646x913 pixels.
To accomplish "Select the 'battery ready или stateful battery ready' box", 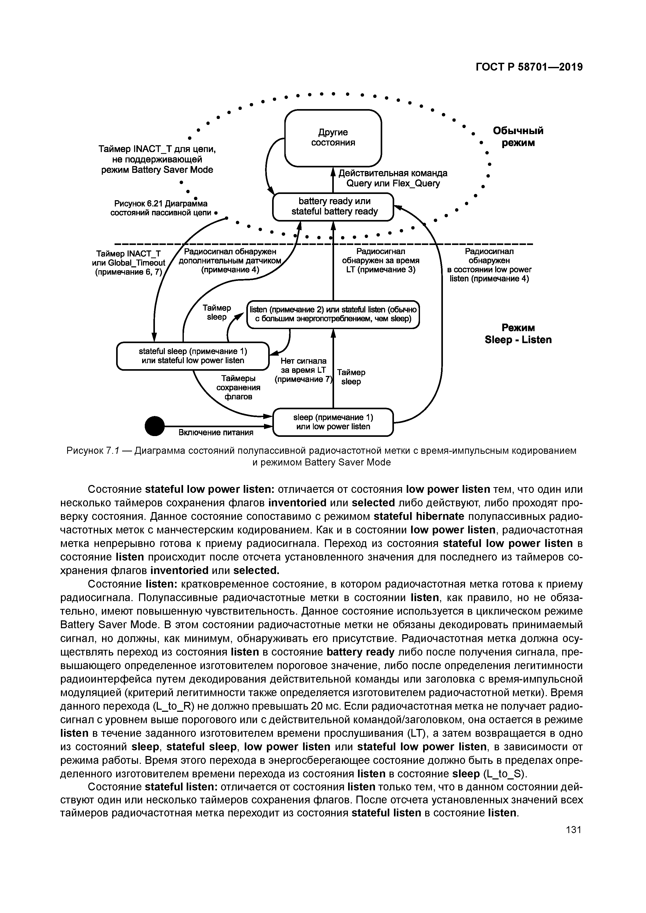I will (x=333, y=206).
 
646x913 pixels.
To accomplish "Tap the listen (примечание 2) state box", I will (x=333, y=314).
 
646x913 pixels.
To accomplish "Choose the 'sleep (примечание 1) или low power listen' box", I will (x=333, y=422).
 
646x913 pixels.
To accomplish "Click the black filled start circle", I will (x=154, y=426).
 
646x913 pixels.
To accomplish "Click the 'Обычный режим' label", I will (x=518, y=137).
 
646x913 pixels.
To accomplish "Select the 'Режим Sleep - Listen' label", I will (x=518, y=334).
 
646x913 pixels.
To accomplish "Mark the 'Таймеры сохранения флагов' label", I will (x=238, y=387).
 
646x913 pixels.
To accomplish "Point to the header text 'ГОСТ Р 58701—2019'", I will (x=529, y=67).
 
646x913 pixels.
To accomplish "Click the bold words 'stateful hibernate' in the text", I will (x=419, y=517).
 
